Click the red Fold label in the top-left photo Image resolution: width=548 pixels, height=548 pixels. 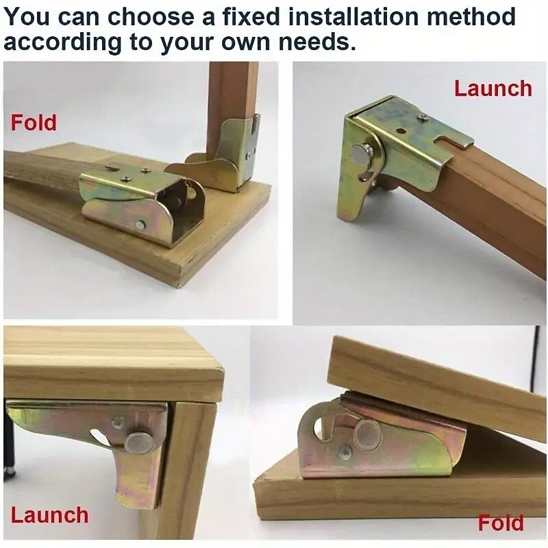pos(34,123)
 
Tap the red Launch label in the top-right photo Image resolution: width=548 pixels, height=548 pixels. pos(493,88)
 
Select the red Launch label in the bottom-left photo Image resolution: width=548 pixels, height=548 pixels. pos(49,515)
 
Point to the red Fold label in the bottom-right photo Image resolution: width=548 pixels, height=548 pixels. pos(501,523)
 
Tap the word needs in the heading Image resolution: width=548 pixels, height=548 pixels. pos(319,42)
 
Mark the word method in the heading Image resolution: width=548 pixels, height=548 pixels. pos(471,16)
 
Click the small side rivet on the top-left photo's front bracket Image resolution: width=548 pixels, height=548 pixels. pos(140,225)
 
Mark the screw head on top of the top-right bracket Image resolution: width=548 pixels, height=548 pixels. pos(424,118)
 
